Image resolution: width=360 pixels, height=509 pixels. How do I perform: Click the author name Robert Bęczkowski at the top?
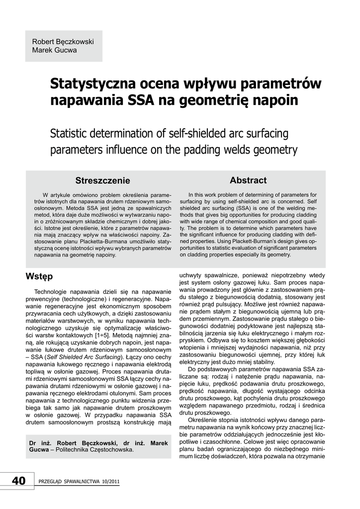[x=63, y=42]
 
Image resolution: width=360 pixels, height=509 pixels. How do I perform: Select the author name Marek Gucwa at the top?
[x=55, y=50]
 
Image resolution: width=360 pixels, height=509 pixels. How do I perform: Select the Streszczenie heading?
[x=102, y=180]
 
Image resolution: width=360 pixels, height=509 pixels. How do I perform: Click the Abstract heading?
[x=248, y=180]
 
